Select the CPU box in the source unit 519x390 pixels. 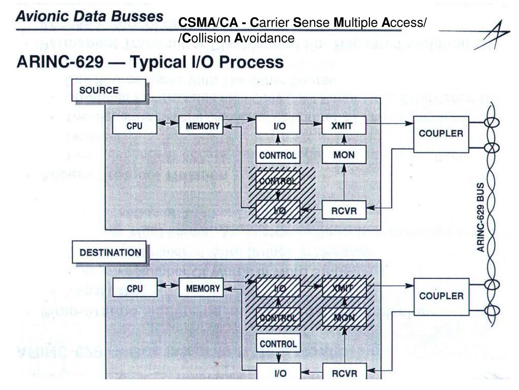[134, 125]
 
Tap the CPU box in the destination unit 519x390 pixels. [134, 288]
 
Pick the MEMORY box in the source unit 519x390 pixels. [201, 125]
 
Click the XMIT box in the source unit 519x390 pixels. [344, 125]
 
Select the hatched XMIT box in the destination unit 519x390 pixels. [344, 288]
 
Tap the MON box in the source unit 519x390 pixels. [344, 155]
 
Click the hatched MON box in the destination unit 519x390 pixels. [344, 318]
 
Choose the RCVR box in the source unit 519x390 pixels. [344, 210]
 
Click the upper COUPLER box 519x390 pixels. [441, 134]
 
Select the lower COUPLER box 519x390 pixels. [441, 296]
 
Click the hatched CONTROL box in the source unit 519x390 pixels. [278, 180]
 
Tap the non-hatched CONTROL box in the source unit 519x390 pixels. [278, 155]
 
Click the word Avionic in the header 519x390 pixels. [41, 16]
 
